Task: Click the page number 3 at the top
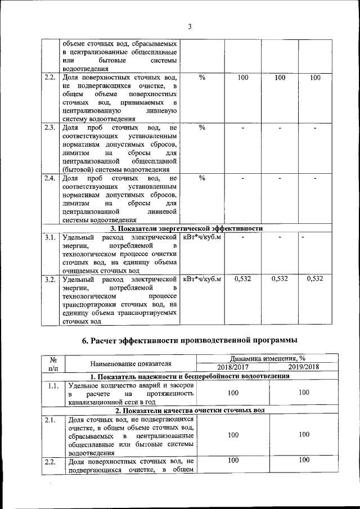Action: click(190, 26)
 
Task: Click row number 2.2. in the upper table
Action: click(50, 78)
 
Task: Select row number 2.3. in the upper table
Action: click(50, 127)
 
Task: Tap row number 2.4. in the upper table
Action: click(50, 178)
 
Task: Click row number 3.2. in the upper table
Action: click(50, 279)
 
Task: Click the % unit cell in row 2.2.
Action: click(202, 78)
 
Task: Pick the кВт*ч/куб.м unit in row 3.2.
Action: click(202, 279)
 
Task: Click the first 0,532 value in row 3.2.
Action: click(242, 279)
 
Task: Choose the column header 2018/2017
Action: click(232, 367)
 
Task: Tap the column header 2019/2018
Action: click(304, 367)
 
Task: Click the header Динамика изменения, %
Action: click(267, 358)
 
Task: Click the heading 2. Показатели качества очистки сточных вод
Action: click(190, 411)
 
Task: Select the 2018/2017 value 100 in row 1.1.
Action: click(232, 394)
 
